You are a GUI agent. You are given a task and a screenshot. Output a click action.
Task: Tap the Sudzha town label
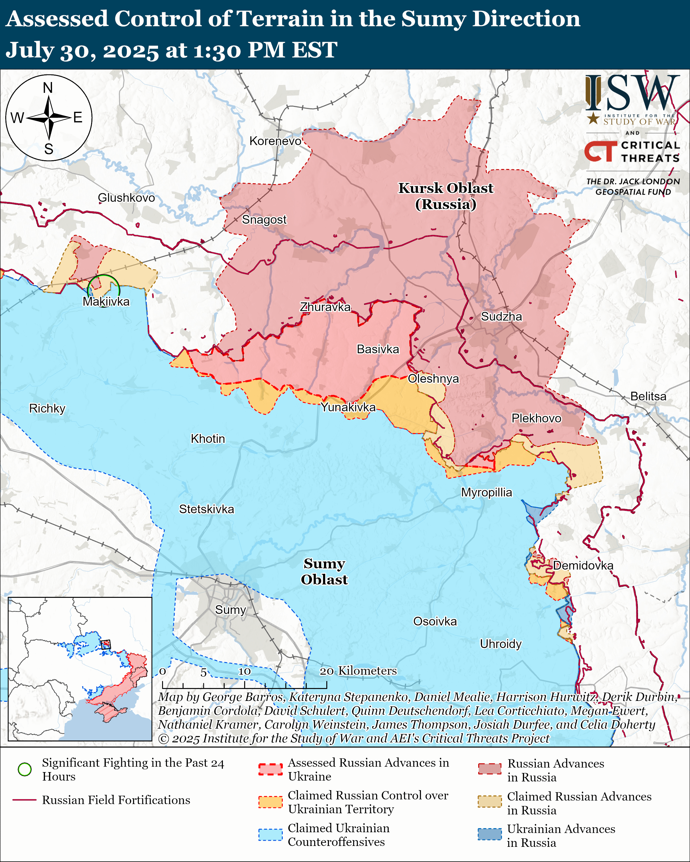[501, 317]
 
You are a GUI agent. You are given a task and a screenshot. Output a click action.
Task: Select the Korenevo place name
[275, 141]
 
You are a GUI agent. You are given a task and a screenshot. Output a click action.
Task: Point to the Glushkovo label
[126, 198]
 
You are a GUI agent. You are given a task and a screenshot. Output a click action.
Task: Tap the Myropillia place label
[486, 492]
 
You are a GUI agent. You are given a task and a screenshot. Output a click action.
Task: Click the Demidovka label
[583, 566]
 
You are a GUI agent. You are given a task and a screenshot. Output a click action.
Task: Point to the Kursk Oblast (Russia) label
[445, 196]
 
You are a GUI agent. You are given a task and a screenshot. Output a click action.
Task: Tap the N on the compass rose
[48, 88]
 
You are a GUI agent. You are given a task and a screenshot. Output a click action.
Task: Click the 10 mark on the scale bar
[245, 671]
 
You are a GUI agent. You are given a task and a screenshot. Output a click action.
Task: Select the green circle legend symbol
[25, 769]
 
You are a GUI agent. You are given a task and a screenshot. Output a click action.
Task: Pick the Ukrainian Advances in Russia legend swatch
[490, 834]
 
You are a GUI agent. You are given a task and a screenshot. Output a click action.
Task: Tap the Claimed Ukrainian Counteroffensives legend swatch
[271, 834]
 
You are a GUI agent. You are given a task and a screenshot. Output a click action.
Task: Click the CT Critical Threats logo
[632, 151]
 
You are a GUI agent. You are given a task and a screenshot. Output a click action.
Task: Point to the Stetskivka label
[207, 509]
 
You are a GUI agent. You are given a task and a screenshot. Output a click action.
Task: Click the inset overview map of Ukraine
[80, 669]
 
